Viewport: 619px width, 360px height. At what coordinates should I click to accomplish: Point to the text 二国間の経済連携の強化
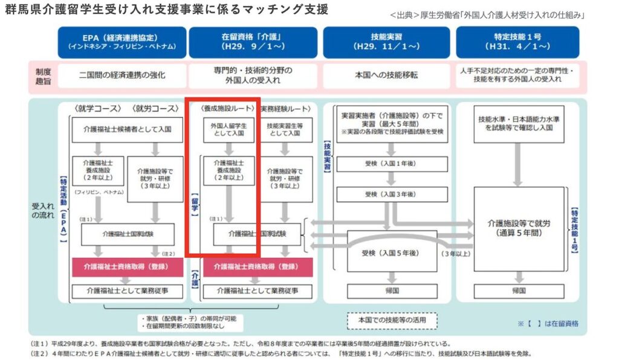tap(122, 76)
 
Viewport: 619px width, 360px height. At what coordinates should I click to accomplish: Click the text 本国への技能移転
tap(386, 76)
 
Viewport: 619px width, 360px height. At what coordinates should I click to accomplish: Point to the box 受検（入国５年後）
tap(386, 252)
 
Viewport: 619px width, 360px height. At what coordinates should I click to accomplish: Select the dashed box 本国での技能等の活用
tap(392, 319)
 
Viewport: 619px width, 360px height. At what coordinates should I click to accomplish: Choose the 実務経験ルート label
tap(288, 109)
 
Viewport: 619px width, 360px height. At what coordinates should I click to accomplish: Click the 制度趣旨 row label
tap(43, 76)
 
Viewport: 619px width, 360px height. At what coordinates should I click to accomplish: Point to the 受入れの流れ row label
tap(43, 211)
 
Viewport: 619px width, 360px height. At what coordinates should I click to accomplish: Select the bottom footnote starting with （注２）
tap(284, 353)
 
